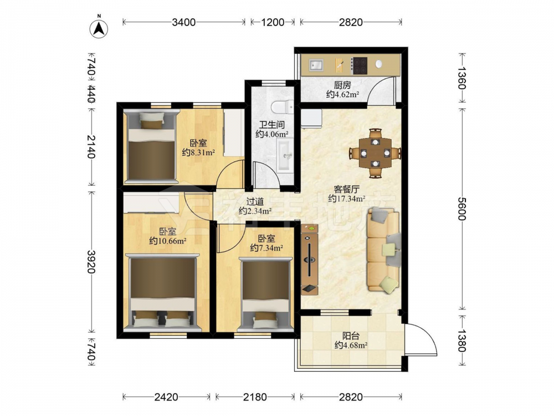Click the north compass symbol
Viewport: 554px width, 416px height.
pos(99,28)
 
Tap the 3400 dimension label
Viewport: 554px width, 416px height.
pos(184,22)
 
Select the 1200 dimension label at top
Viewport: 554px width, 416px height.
pos(273,22)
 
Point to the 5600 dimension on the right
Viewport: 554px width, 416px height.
pos(462,209)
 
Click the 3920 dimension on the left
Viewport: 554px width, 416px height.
pos(91,262)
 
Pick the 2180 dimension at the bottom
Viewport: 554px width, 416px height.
pos(255,397)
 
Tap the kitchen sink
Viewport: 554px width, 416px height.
pos(316,65)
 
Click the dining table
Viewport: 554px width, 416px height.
pos(375,153)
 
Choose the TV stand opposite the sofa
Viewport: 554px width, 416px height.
pos(310,259)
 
